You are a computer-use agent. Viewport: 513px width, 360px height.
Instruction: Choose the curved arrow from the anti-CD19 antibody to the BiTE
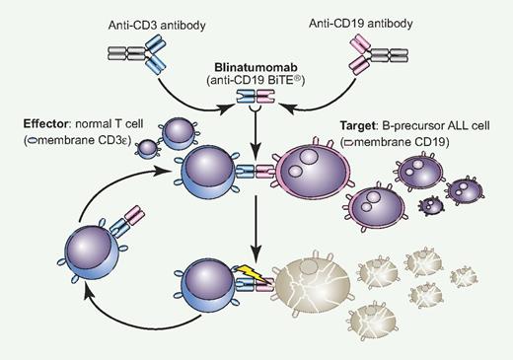point(321,87)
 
